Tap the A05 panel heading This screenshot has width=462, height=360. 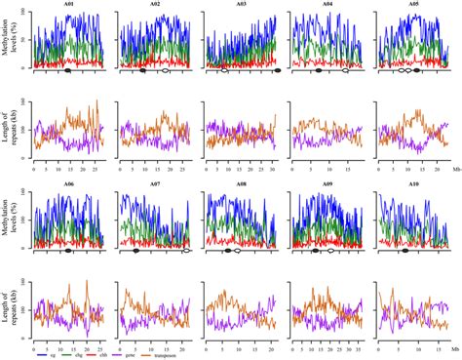tap(414, 5)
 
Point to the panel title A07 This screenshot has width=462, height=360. tap(154, 182)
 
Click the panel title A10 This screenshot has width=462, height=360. tap(414, 182)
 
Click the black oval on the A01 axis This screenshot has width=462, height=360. tap(66, 71)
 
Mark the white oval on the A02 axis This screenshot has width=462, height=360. tap(165, 71)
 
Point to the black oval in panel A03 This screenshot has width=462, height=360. tap(278, 71)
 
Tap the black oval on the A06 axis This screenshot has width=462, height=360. tap(67, 250)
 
